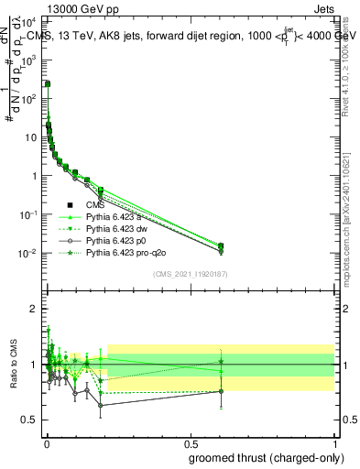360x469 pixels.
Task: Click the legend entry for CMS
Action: click(96, 205)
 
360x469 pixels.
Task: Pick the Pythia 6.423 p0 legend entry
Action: click(113, 239)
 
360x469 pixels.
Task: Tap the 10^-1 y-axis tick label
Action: click(29, 214)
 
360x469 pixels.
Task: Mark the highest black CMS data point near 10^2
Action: click(47, 83)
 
